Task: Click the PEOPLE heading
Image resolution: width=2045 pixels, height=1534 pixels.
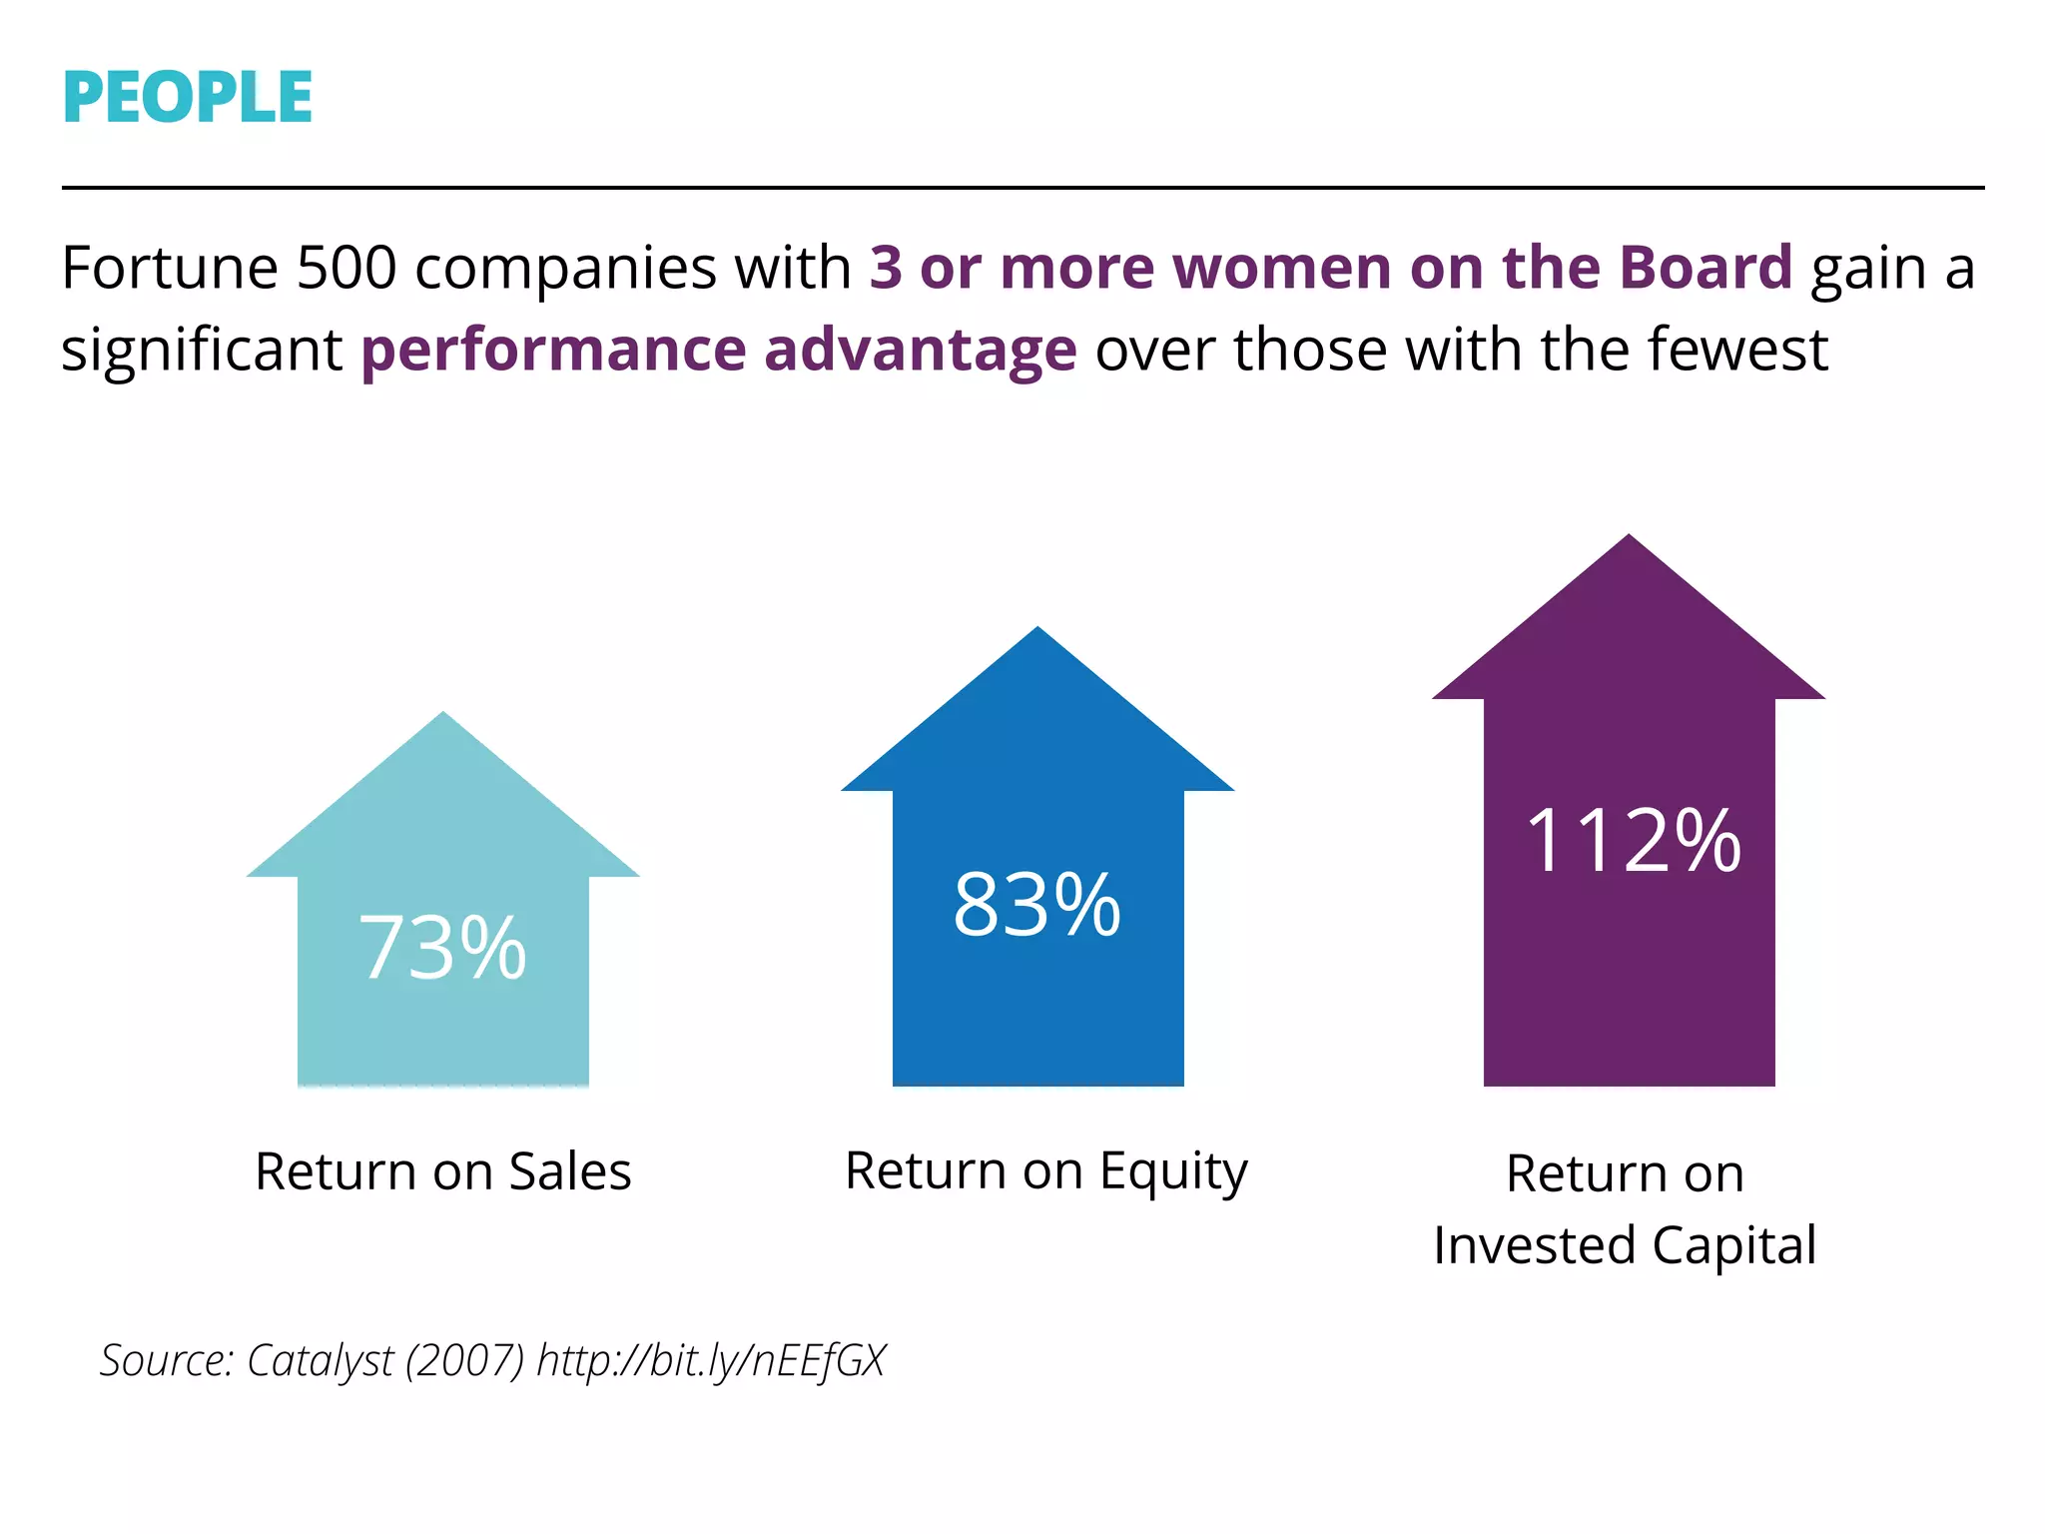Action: click(x=187, y=98)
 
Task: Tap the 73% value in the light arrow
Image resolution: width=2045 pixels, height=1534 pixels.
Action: click(x=442, y=948)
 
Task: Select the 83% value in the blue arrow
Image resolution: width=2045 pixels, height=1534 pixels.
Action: click(x=1036, y=905)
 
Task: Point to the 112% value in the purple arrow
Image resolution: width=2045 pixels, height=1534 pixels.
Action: click(x=1633, y=842)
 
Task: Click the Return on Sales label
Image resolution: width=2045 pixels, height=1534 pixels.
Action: click(x=442, y=1171)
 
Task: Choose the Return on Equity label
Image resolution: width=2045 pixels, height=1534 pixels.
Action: click(x=1045, y=1171)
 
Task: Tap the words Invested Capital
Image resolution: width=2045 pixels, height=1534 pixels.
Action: click(x=1625, y=1245)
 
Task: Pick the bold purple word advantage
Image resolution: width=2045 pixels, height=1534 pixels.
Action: click(x=920, y=351)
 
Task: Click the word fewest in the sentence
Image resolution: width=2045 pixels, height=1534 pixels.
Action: click(x=1737, y=351)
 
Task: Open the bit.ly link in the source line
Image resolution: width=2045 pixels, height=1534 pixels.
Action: click(x=711, y=1361)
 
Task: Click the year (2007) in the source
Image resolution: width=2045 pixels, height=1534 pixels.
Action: click(x=464, y=1361)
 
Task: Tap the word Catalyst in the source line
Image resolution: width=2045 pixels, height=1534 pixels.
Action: click(x=320, y=1361)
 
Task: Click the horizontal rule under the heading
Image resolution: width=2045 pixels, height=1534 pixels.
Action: click(x=1022, y=187)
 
